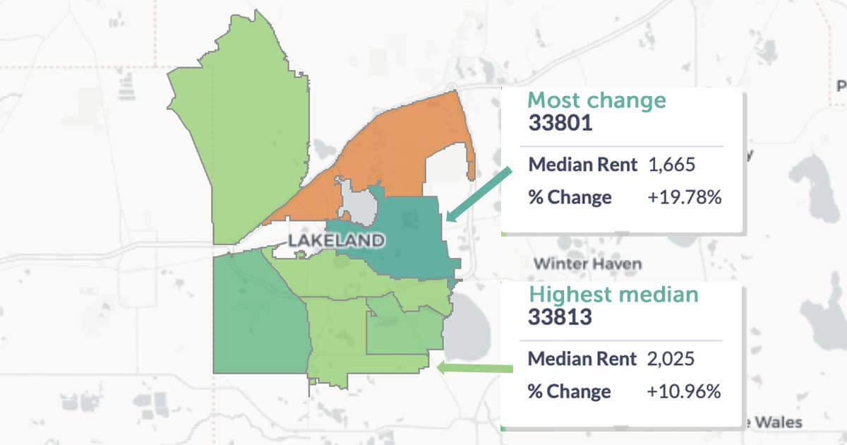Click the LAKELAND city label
[x=337, y=241]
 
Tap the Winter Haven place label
[x=587, y=264]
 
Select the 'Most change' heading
[x=596, y=100]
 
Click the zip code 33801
[x=560, y=123]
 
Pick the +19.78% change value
[x=684, y=197]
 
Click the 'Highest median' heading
[x=613, y=294]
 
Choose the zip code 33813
[x=560, y=316]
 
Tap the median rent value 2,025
[x=671, y=359]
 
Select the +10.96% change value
[x=684, y=391]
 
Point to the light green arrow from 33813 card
[x=474, y=368]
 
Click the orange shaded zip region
[x=395, y=155]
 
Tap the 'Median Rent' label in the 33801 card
[x=583, y=165]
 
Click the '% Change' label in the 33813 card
[x=570, y=391]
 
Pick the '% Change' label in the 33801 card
[x=570, y=197]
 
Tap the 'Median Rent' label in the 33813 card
[x=583, y=359]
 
